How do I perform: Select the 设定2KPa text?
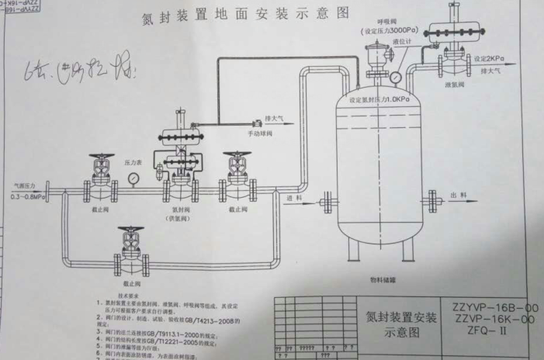coord(490,58)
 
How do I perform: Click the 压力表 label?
coord(132,164)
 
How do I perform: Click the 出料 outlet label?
coord(457,196)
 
